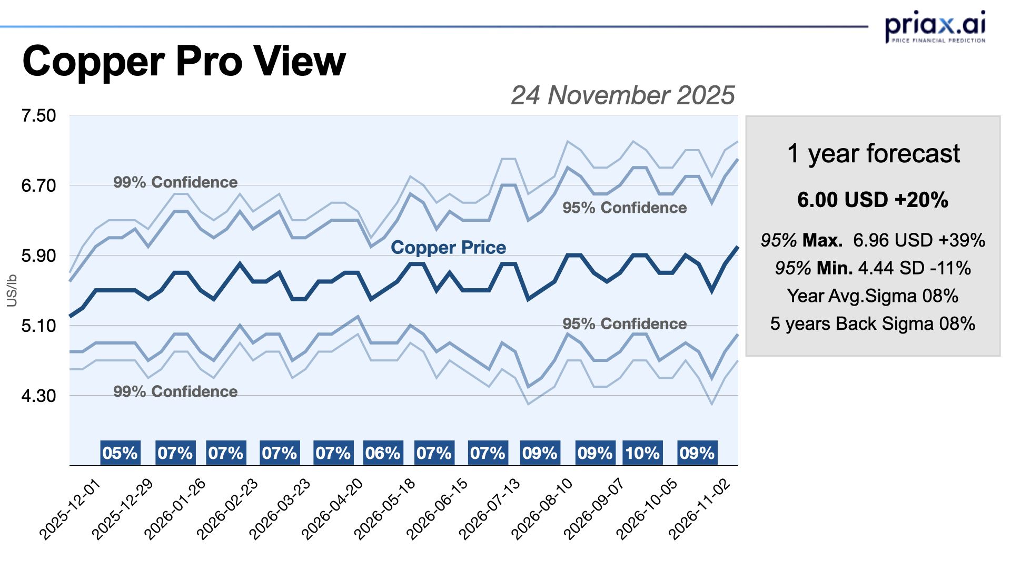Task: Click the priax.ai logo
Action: tap(935, 26)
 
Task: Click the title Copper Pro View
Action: tap(184, 62)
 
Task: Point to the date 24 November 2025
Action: tap(622, 95)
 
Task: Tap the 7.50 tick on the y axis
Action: tap(38, 115)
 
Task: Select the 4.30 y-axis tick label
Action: tap(38, 396)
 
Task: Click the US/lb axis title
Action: tap(12, 290)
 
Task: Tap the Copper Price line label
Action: tap(448, 248)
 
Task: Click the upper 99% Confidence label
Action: tap(175, 182)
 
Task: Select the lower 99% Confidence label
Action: tap(175, 391)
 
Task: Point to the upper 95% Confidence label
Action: tap(625, 208)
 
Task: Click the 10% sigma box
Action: tap(642, 453)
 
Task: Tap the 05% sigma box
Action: tap(120, 453)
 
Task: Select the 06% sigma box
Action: tap(383, 453)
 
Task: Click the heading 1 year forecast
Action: tap(873, 154)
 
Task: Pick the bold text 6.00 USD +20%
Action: tap(873, 200)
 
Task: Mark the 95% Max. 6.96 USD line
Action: tap(873, 240)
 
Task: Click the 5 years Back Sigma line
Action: tap(873, 323)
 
